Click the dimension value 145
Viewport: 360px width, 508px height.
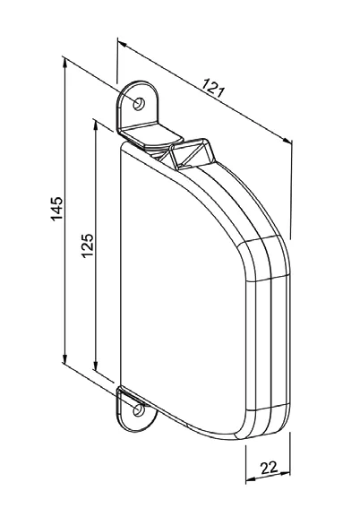point(57,209)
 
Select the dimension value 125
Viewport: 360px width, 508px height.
point(88,245)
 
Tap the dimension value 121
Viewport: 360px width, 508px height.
point(213,88)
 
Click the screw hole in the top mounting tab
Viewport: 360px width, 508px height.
point(139,104)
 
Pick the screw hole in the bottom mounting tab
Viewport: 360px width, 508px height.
point(139,409)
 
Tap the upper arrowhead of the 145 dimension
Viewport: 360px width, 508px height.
point(65,65)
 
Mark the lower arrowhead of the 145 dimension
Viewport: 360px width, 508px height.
point(64,358)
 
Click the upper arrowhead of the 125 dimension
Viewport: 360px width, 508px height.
point(95,126)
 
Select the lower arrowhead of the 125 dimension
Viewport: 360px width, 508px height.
point(95,364)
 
